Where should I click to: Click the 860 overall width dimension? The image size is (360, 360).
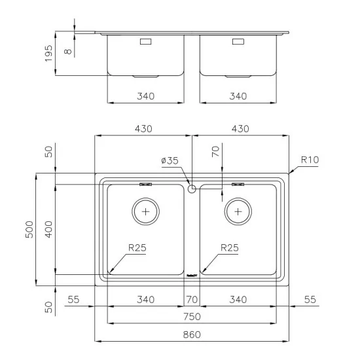(192, 334)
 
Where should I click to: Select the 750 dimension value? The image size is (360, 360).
(192, 317)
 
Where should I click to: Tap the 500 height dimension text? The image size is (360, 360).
(29, 229)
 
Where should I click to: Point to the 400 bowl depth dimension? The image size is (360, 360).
(48, 229)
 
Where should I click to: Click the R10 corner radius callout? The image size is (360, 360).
(310, 159)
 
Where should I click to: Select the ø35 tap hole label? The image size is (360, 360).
(170, 160)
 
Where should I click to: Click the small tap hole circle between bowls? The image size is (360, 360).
(192, 189)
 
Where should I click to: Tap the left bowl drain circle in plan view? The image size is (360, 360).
(145, 211)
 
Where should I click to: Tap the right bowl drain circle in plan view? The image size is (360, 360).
(238, 211)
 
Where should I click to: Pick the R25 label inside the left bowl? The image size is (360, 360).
(137, 248)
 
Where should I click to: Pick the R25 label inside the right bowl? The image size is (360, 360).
(230, 248)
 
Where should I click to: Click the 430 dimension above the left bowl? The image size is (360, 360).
(143, 128)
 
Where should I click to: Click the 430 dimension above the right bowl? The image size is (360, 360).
(240, 128)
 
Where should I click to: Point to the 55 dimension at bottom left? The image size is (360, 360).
(73, 300)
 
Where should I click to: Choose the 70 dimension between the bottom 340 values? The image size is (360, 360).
(192, 300)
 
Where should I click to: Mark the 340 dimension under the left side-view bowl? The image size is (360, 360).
(145, 96)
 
